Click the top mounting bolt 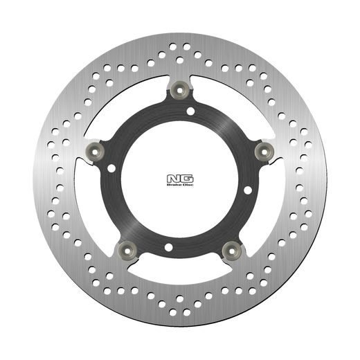coord(182,89)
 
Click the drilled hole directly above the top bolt coord(181,60)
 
